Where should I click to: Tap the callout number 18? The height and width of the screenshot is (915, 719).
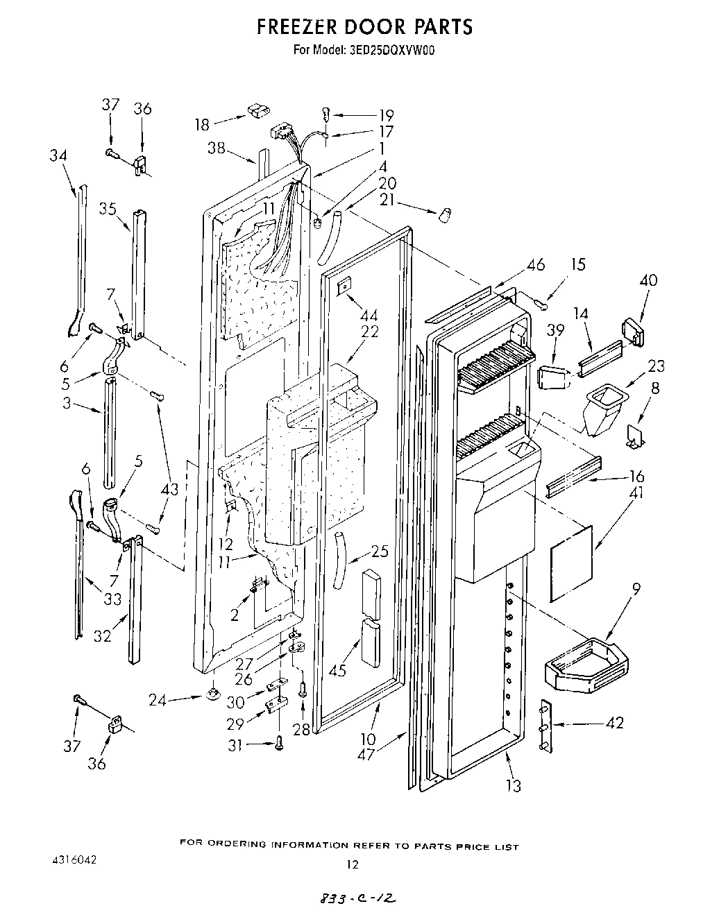(201, 125)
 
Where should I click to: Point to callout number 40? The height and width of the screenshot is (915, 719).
(648, 280)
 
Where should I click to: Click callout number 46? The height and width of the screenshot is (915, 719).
(535, 264)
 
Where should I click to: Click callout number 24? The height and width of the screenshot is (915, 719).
(159, 700)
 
